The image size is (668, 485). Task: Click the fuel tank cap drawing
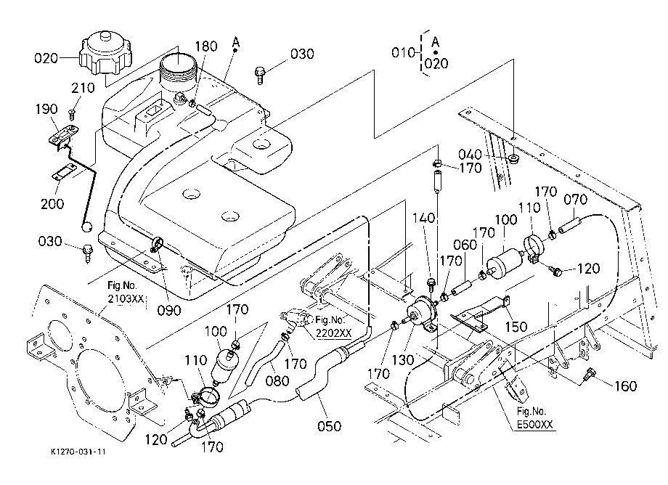tap(105, 52)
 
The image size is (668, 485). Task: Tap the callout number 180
tap(207, 46)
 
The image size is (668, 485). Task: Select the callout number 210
tap(83, 88)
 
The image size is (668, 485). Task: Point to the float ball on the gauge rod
tap(88, 227)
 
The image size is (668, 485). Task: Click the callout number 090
tap(169, 311)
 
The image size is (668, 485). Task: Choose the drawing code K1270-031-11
tap(78, 452)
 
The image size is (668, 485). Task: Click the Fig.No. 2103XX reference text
tap(126, 292)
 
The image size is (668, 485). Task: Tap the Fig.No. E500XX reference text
tap(534, 418)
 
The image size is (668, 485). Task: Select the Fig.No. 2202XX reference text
tap(333, 327)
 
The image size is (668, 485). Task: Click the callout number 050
tap(330, 425)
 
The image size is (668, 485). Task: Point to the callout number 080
tap(277, 380)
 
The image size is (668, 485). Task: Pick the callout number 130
tap(402, 360)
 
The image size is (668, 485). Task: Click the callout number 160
tap(625, 386)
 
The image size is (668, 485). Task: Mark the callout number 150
tap(516, 327)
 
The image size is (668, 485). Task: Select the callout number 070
tap(575, 199)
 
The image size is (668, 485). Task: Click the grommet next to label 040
tap(514, 159)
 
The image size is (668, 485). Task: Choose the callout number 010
tap(403, 52)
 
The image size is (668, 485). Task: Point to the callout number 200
tap(52, 203)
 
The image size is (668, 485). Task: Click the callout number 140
tap(423, 218)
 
